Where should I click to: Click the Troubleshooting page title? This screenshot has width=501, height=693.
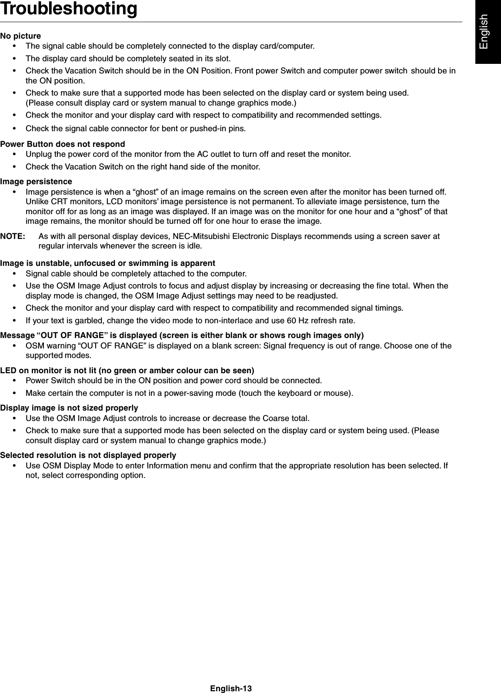[69, 9]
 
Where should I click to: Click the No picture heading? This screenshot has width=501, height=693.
[21, 36]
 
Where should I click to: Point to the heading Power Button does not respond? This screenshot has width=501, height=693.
[63, 144]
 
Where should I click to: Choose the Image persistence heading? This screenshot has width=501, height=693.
[36, 181]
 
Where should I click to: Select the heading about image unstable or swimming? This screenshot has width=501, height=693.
[107, 263]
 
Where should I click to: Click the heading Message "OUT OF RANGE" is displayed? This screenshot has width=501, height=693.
[182, 335]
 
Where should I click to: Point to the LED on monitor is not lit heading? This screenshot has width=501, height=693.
[127, 371]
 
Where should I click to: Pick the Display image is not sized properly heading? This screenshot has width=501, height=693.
[69, 408]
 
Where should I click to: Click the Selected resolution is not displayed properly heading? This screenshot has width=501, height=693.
[88, 455]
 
